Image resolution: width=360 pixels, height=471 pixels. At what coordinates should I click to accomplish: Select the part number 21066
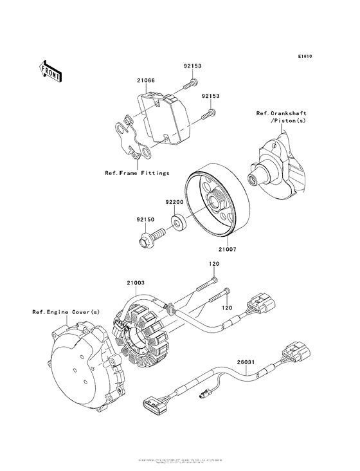point(145,81)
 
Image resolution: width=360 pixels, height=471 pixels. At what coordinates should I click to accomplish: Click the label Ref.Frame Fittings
point(137,173)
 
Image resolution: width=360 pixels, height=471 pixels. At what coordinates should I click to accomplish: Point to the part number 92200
point(174,202)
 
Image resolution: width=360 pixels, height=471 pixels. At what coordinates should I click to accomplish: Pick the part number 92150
point(145,219)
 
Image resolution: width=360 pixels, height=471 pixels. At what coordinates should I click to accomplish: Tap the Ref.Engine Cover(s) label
point(66,312)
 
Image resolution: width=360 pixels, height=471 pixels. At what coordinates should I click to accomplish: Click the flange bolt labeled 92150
point(146,242)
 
